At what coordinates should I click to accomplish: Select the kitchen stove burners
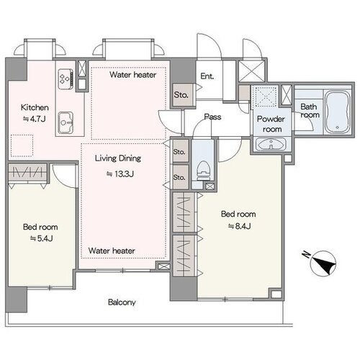[65, 78]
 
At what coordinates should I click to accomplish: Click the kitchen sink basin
[66, 122]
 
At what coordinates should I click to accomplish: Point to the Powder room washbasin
[271, 144]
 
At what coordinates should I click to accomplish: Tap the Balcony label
[122, 302]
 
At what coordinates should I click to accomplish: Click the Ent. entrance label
[207, 76]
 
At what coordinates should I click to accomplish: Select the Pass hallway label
[212, 117]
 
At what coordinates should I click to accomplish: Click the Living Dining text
[118, 158]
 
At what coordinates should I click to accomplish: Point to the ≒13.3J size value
[120, 174]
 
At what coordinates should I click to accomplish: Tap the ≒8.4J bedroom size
[239, 226]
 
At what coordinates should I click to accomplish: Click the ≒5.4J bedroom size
[41, 238]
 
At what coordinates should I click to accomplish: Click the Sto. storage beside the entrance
[181, 95]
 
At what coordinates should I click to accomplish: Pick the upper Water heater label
[133, 75]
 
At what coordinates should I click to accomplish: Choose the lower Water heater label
[112, 251]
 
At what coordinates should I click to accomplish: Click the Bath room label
[310, 110]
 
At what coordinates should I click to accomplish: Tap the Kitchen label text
[35, 107]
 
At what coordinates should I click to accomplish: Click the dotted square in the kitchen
[22, 145]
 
